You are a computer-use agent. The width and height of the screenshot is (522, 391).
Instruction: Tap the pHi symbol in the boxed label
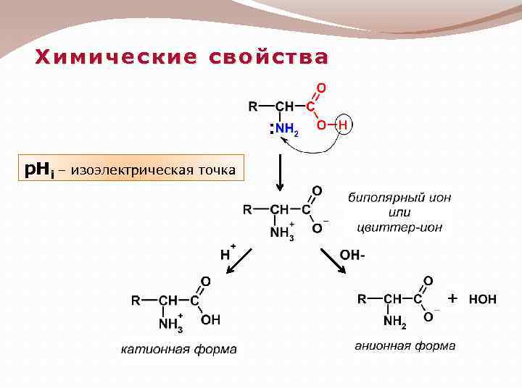tap(39, 170)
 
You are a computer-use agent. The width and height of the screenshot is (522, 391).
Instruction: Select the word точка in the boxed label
tap(215, 170)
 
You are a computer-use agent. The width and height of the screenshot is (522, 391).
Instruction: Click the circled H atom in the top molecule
tap(343, 125)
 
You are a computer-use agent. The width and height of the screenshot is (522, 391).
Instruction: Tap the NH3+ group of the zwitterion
tap(281, 232)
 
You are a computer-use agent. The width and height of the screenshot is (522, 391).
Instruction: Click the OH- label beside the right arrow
tap(352, 255)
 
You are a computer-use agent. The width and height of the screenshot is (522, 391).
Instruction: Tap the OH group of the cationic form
tap(210, 319)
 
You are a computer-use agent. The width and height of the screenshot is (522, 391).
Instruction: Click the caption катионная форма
tap(178, 350)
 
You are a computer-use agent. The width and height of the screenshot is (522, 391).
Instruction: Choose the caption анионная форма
tap(405, 345)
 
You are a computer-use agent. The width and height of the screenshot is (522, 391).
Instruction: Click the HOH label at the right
tap(483, 298)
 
